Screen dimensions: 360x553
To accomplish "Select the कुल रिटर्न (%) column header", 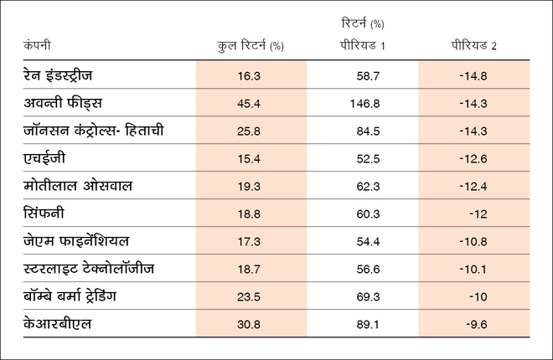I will (x=251, y=45).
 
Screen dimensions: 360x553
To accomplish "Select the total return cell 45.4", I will (x=250, y=104).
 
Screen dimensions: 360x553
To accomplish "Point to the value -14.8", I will (x=474, y=76).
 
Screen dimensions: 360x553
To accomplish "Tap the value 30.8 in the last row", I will (x=250, y=324).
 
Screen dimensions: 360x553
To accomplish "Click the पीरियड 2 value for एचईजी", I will (x=474, y=159).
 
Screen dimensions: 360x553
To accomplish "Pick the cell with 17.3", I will (x=250, y=242).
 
